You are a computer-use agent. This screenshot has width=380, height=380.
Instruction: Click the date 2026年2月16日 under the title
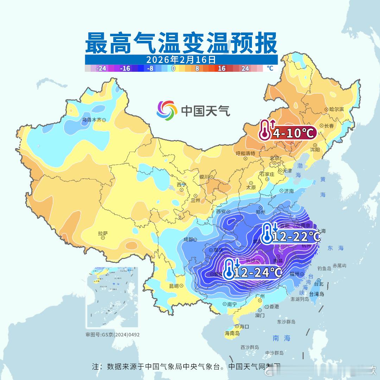pyautogui.click(x=181, y=59)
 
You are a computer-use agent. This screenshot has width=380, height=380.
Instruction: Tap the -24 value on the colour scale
pyautogui.click(x=101, y=69)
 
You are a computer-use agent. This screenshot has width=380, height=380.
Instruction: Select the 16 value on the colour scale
pyautogui.click(x=222, y=69)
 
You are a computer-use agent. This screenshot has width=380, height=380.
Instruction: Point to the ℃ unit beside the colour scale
pyautogui.click(x=270, y=68)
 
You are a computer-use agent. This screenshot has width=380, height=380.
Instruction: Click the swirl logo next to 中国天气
pyautogui.click(x=166, y=110)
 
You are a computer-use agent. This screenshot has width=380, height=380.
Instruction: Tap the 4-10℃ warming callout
pyautogui.click(x=293, y=133)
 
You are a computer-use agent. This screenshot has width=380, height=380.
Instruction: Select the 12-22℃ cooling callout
pyautogui.click(x=296, y=236)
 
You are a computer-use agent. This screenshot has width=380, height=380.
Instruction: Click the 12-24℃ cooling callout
pyautogui.click(x=257, y=272)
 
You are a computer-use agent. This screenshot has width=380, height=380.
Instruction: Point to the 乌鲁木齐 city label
pyautogui.click(x=91, y=120)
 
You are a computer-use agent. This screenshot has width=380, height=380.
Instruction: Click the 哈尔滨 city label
pyautogui.click(x=336, y=109)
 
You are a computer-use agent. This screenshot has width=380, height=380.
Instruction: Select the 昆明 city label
pyautogui.click(x=174, y=286)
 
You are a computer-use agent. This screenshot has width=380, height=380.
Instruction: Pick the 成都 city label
pyautogui.click(x=188, y=240)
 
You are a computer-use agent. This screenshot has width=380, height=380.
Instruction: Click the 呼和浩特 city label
pyautogui.click(x=245, y=153)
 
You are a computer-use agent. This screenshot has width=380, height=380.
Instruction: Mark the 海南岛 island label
pyautogui.click(x=232, y=333)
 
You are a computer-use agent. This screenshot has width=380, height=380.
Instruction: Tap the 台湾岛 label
pyautogui.click(x=317, y=294)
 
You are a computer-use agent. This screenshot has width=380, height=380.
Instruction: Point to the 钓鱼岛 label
pyautogui.click(x=324, y=268)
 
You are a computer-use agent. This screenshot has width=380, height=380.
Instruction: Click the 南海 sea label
pyautogui.click(x=281, y=338)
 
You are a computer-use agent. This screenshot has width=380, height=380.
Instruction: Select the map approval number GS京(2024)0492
pyautogui.click(x=112, y=335)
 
